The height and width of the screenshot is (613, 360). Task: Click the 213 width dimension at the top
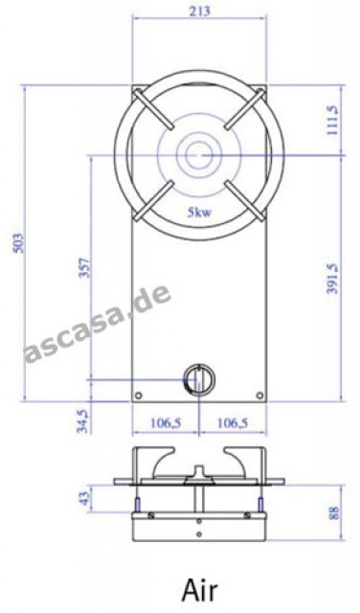coord(200,11)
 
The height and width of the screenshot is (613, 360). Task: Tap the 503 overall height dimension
coord(19,242)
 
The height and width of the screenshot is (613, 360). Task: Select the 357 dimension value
coord(84,267)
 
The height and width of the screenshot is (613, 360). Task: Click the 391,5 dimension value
coord(332,279)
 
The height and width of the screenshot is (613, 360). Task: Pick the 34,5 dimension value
coord(84,420)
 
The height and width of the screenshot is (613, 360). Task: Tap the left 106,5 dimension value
coord(166,422)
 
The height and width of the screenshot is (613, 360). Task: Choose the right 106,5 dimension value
coord(233,422)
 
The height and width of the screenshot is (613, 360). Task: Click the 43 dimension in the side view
coord(84,498)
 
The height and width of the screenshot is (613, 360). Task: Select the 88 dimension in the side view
coord(333,512)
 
